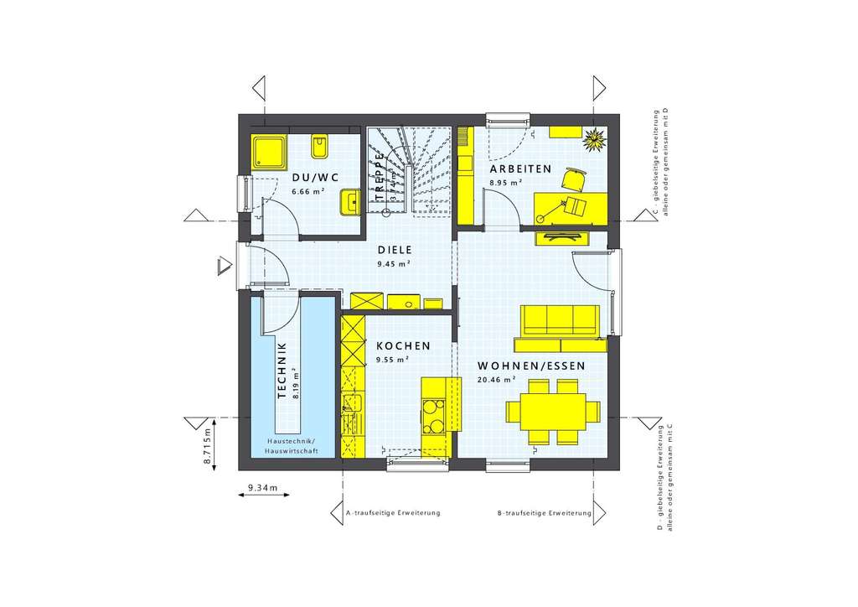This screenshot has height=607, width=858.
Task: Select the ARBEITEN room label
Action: point(520,169)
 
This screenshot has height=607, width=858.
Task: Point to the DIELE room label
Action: point(394,249)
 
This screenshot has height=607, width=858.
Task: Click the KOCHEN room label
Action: point(403,345)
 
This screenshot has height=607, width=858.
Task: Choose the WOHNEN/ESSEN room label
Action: point(531,366)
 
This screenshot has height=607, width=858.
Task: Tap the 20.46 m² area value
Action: point(496,380)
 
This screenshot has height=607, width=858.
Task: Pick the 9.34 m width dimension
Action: point(263,486)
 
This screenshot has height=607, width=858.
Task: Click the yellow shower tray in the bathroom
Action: point(270,151)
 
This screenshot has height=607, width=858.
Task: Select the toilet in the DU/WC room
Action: point(319,148)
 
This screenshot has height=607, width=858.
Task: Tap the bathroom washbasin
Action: point(350,202)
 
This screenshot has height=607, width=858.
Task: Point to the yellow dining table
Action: point(552,412)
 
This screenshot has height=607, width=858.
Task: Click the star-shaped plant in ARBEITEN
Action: point(596,138)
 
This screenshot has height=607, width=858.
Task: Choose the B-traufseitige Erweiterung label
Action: point(545,512)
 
